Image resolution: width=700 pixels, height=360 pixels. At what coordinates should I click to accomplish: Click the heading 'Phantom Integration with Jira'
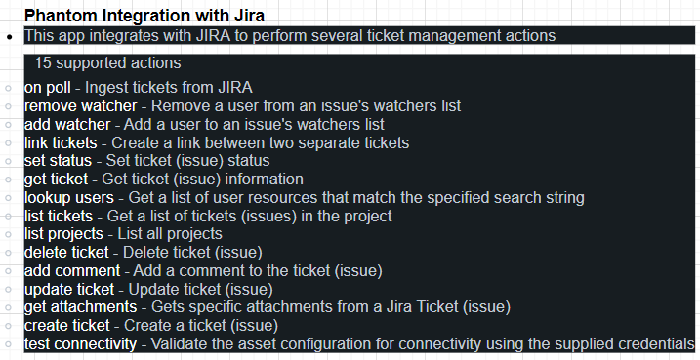tap(144, 16)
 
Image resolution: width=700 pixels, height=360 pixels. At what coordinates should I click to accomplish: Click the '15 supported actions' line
tap(107, 63)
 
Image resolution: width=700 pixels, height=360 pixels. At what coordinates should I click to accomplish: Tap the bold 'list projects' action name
tap(63, 234)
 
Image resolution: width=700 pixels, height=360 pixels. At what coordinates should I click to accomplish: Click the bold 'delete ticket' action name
tap(66, 252)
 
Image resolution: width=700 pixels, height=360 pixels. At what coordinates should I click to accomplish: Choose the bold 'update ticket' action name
tap(69, 289)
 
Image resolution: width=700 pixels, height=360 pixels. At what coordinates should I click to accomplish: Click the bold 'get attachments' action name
tap(80, 307)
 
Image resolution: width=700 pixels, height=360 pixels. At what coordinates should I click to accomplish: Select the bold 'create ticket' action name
tap(66, 325)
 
